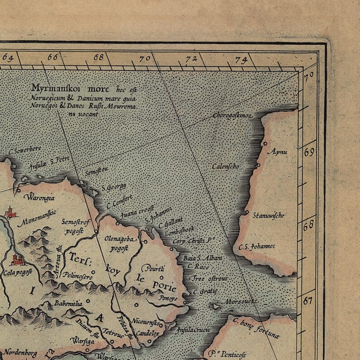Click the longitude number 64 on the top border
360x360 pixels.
pyautogui.click(x=8, y=58)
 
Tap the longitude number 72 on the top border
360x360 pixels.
pyautogui.click(x=191, y=58)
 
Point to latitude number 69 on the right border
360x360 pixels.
pyautogui.click(x=309, y=152)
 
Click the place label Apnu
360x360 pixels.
pyautogui.click(x=277, y=151)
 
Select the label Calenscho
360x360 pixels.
pyautogui.click(x=225, y=166)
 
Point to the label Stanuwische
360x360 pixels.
pyautogui.click(x=268, y=215)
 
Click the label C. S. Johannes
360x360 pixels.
pyautogui.click(x=257, y=247)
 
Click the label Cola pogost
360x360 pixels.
pyautogui.click(x=17, y=272)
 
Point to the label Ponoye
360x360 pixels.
pyautogui.click(x=168, y=298)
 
